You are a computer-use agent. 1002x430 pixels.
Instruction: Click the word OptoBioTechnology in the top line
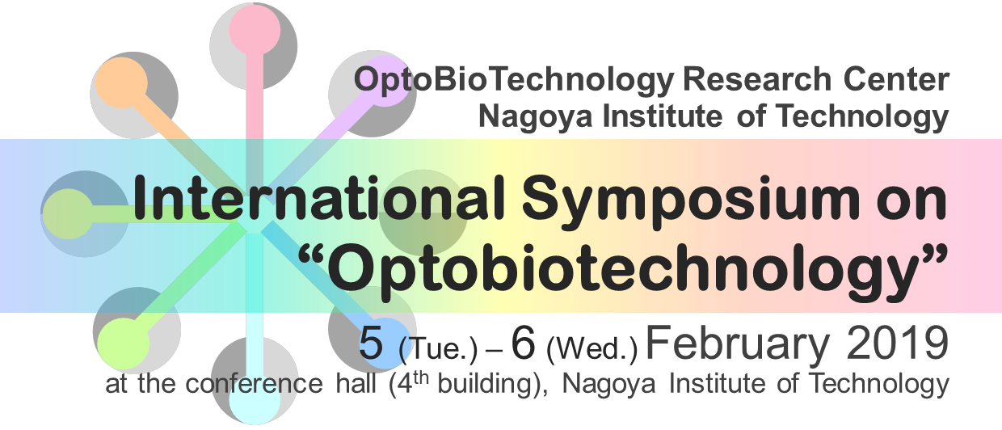514,82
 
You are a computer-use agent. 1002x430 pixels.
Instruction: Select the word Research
757,79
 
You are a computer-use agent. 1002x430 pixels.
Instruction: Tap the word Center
896,79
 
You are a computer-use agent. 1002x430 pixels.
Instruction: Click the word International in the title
319,198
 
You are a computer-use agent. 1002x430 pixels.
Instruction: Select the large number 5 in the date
371,344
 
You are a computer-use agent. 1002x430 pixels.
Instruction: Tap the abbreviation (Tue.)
438,348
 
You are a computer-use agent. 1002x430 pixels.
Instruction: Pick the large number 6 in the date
523,344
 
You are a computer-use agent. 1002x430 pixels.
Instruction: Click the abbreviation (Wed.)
592,348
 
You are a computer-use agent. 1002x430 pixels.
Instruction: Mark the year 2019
897,344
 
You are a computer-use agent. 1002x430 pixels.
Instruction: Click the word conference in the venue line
254,384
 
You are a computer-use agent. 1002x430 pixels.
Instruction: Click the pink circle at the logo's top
255,30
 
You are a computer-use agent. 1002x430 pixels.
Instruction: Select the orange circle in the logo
121,83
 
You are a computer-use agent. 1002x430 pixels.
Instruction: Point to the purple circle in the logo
384,82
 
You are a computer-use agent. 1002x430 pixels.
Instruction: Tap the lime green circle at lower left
124,344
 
